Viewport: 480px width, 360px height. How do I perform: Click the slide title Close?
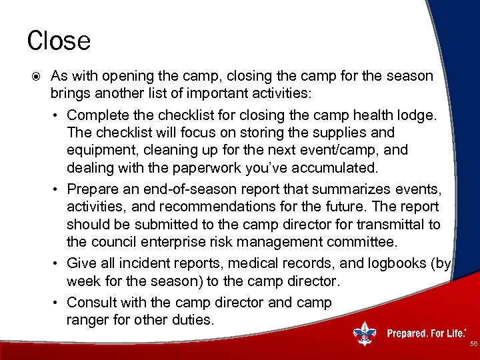click(x=59, y=41)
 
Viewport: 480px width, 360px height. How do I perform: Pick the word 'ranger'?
click(x=86, y=320)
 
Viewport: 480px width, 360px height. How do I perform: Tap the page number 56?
click(x=473, y=343)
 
